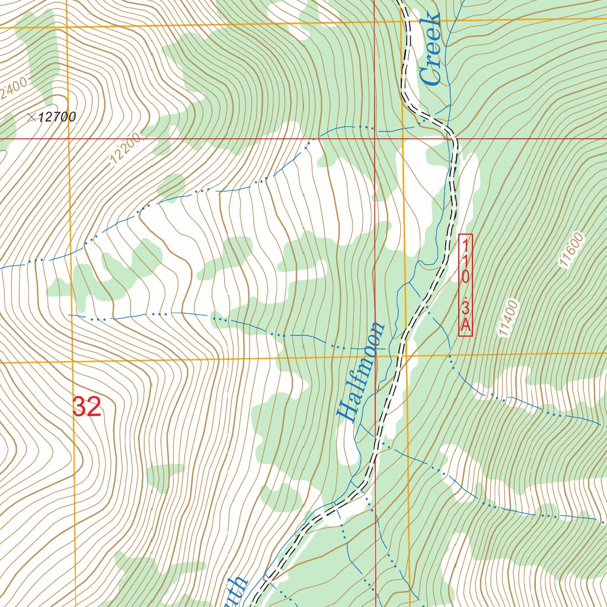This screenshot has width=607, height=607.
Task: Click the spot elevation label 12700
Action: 57,117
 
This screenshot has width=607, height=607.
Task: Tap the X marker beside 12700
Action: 31,117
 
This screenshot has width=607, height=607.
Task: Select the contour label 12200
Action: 125,149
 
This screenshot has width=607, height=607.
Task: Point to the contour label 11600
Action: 571,250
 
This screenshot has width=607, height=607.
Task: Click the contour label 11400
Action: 509,319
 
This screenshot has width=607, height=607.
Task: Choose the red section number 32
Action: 87,407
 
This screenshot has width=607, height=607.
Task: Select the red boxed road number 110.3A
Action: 465,285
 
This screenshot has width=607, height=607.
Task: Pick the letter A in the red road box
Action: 465,325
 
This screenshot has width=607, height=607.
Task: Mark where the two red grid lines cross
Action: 375,139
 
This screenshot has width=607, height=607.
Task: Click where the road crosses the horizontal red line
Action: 455,139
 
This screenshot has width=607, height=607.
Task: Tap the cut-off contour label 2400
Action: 13,92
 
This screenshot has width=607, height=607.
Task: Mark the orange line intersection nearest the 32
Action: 72,362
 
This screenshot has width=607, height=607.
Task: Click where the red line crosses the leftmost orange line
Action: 68,139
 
